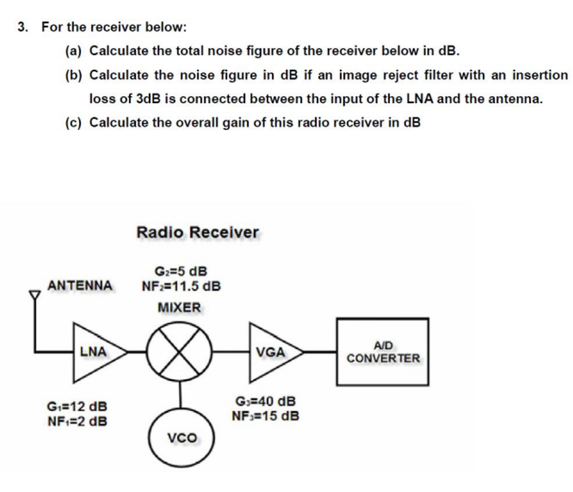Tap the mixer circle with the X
(x=179, y=352)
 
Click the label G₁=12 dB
(x=77, y=406)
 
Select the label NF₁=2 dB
(x=77, y=421)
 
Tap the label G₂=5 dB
(x=181, y=271)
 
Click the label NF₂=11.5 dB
(x=181, y=286)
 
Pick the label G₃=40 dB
(x=265, y=401)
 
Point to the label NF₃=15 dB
(x=265, y=416)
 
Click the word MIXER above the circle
(x=179, y=307)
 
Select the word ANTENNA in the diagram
(x=80, y=286)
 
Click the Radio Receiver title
(x=197, y=232)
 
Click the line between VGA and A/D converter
(x=320, y=352)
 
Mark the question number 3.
(x=22, y=27)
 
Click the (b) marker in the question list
(x=73, y=75)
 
